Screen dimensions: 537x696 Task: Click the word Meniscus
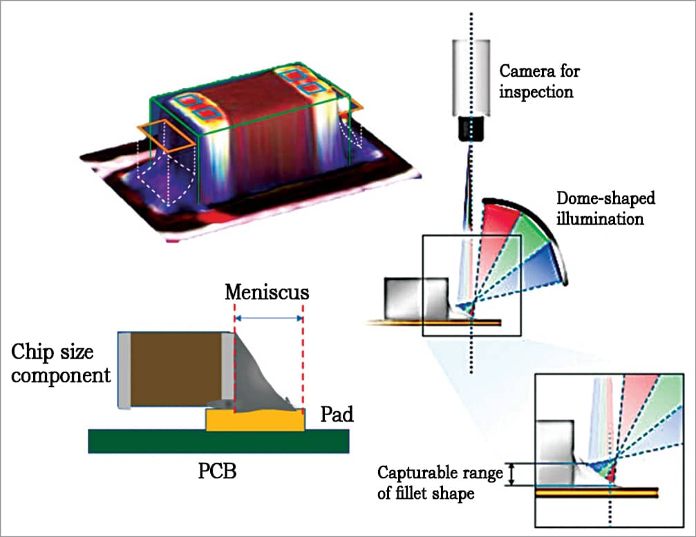pyautogui.click(x=267, y=292)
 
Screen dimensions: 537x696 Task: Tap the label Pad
pyautogui.click(x=337, y=414)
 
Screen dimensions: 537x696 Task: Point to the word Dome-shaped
pyautogui.click(x=605, y=199)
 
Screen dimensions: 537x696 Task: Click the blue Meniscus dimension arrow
pyautogui.click(x=269, y=319)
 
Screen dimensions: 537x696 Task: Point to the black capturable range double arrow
pyautogui.click(x=512, y=474)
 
